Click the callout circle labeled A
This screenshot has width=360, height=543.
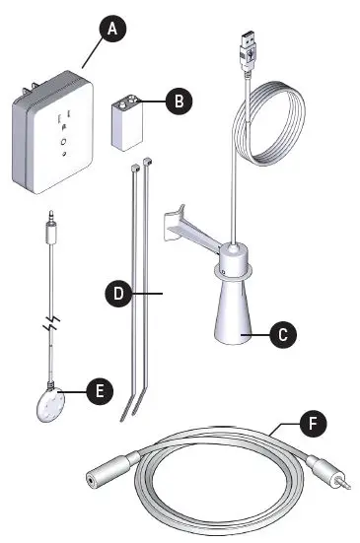(113, 29)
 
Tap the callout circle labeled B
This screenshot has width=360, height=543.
(178, 101)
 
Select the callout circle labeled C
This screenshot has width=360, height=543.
(281, 334)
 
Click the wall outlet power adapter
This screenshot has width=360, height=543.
(54, 138)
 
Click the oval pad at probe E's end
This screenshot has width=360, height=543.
(48, 404)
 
